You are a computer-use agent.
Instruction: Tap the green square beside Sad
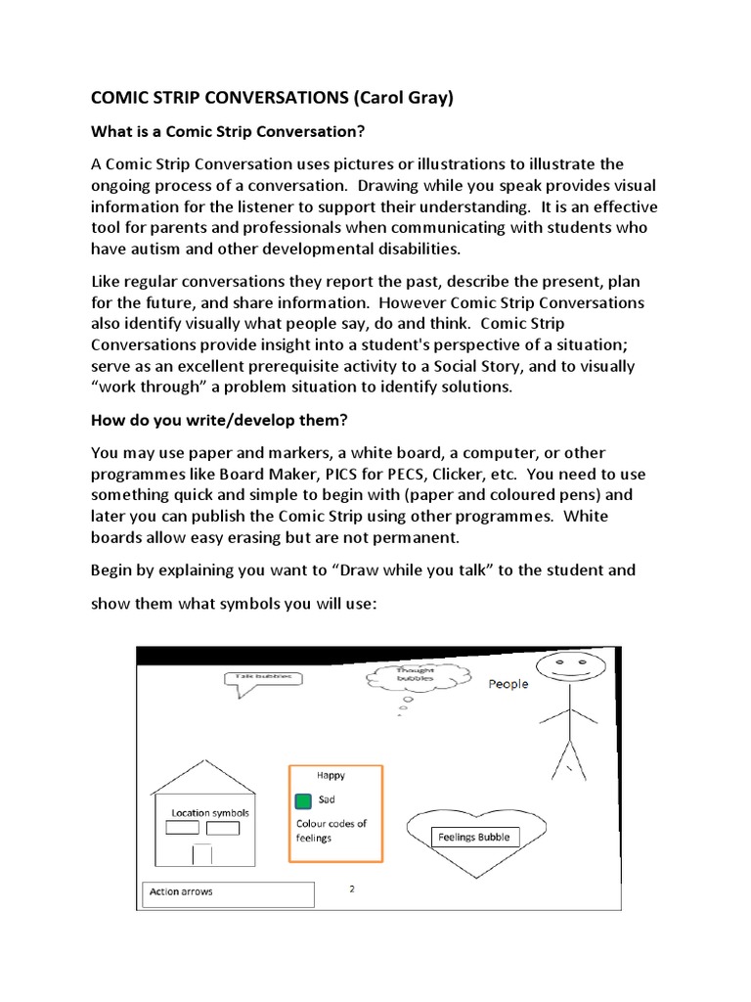click(303, 800)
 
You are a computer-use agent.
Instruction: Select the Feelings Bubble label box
click(473, 837)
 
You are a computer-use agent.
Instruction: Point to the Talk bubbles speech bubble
click(263, 678)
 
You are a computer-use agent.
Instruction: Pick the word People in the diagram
click(508, 684)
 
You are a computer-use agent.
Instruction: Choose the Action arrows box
click(229, 892)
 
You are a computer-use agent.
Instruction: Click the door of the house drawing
click(201, 853)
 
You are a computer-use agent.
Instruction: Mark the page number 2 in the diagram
click(351, 888)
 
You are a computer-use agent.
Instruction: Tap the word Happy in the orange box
click(331, 775)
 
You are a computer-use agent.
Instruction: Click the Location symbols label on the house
click(210, 812)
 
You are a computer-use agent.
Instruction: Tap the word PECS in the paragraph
click(419, 474)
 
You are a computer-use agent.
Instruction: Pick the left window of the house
click(182, 828)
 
